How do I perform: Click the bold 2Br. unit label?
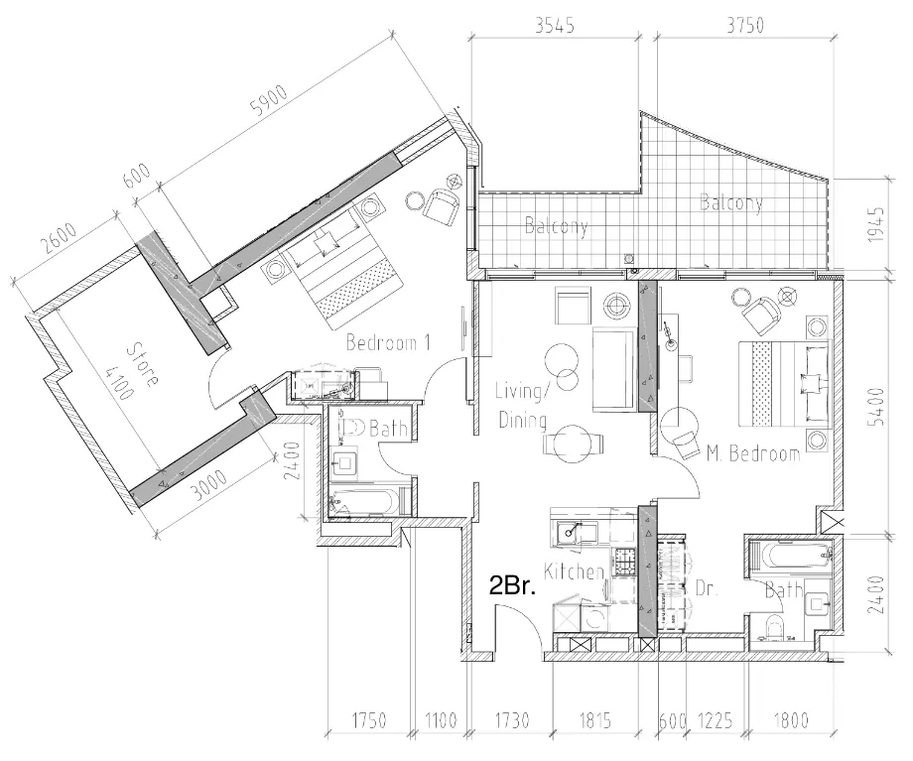pyautogui.click(x=513, y=585)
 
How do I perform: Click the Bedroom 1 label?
pyautogui.click(x=388, y=343)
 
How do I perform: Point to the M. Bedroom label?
pyautogui.click(x=753, y=454)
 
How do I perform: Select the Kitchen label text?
pyautogui.click(x=575, y=571)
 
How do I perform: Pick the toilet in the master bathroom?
pyautogui.click(x=776, y=625)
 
